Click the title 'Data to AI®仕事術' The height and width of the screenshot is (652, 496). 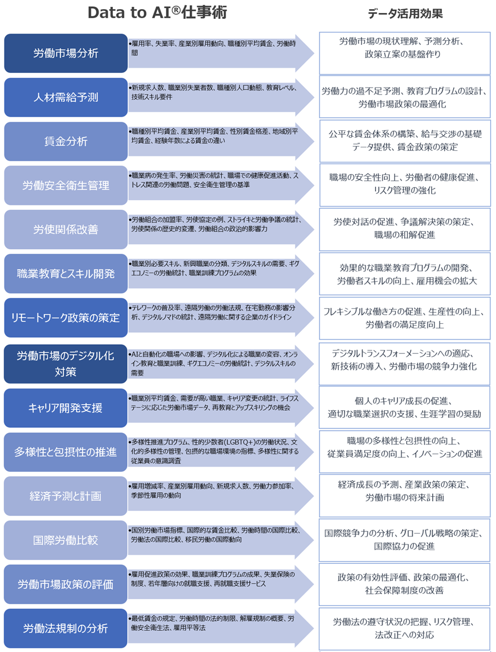click(157, 13)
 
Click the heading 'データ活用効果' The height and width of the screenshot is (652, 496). click(404, 14)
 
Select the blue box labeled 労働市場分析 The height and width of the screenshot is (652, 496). click(65, 53)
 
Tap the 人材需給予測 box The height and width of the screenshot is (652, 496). click(65, 97)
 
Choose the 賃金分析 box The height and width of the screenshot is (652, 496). click(65, 142)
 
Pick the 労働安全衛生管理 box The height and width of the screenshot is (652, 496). click(65, 185)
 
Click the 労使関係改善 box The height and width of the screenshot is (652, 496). click(65, 230)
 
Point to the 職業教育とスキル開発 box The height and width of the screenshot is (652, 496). click(65, 274)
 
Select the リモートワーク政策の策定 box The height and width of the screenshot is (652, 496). click(65, 317)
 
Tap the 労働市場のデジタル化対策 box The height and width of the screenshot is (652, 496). click(65, 364)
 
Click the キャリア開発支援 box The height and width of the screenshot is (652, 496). click(65, 408)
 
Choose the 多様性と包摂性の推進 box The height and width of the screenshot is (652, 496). click(65, 452)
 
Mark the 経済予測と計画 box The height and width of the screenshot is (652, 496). click(65, 496)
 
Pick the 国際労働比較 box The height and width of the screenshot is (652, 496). click(65, 540)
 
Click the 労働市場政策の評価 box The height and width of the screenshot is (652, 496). click(65, 584)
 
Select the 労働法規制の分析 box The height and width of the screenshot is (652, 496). click(65, 628)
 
